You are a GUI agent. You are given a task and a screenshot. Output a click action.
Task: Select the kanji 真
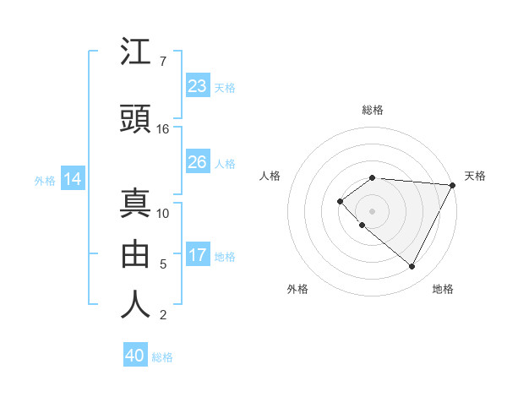[135, 203]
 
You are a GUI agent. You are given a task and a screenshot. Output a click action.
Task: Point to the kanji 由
[135, 253]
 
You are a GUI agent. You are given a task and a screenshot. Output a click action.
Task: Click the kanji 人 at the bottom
[135, 304]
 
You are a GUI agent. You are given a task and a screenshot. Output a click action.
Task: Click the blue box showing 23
[197, 86]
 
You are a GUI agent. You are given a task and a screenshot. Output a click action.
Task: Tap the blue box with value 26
[197, 162]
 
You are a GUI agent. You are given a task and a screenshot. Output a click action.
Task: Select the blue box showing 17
[197, 256]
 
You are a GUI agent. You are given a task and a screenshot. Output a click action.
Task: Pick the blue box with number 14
[73, 179]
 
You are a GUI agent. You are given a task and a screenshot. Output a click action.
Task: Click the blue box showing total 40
[135, 356]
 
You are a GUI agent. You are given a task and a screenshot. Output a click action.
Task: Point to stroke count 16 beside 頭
[163, 129]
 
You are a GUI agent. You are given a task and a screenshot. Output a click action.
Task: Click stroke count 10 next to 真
[163, 213]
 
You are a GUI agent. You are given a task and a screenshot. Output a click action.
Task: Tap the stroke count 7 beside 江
[163, 62]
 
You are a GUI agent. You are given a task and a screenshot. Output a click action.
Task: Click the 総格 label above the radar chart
[372, 110]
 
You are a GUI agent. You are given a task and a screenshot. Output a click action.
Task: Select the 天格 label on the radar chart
[475, 176]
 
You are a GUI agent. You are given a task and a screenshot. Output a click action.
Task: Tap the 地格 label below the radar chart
[443, 289]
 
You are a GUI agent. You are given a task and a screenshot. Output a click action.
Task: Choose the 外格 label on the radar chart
[297, 289]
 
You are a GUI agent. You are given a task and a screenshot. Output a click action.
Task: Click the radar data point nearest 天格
[452, 185]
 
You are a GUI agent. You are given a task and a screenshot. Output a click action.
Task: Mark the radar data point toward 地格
[412, 266]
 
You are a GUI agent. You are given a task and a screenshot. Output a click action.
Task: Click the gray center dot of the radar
[372, 210]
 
